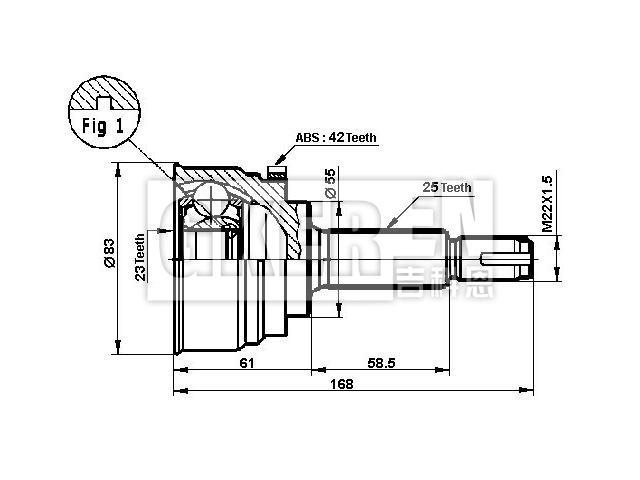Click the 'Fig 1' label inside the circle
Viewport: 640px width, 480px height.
click(x=102, y=127)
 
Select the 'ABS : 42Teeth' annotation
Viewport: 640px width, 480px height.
click(x=335, y=139)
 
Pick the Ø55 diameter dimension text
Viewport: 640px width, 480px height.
click(x=330, y=183)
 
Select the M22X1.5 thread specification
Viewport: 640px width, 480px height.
click(x=547, y=204)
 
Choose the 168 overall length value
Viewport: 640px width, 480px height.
click(x=345, y=384)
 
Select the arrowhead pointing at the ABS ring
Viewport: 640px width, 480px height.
click(x=277, y=161)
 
